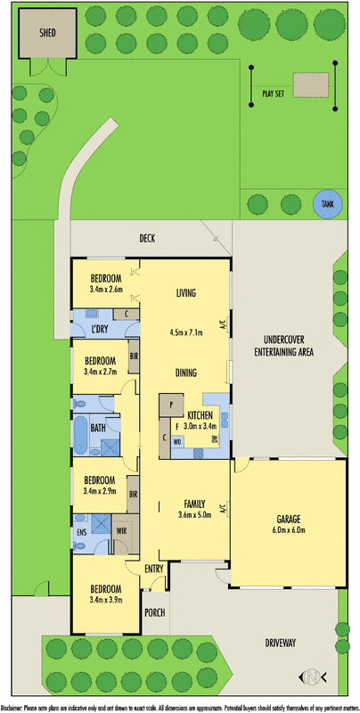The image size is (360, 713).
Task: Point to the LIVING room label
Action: (185, 293)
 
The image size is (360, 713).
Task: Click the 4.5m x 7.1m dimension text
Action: (186, 332)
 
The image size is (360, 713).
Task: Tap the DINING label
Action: (185, 373)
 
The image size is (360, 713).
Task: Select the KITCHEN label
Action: (200, 416)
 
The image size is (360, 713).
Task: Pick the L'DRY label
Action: (100, 331)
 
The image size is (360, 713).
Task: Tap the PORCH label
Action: (155, 612)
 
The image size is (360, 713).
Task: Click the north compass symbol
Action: (311, 676)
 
